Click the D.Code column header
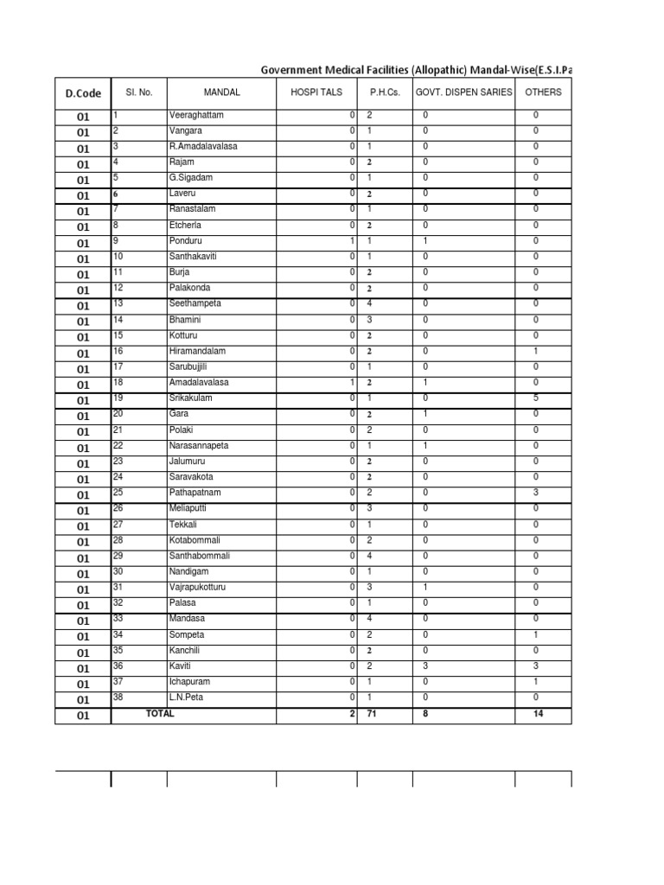pos(83,93)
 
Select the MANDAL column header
pos(222,92)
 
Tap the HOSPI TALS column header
pos(316,92)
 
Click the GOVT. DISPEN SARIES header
pos(463,92)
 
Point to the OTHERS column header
pos(543,92)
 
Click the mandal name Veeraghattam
pos(195,115)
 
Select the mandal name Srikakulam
pos(190,398)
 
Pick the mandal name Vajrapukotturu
pos(198,587)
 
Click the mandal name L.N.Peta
pos(185,697)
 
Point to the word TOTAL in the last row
pos(160,714)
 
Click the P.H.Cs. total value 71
pos(373,714)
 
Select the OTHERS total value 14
pos(536,714)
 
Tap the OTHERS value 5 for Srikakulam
pos(536,398)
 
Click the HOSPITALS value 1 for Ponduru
pos(352,241)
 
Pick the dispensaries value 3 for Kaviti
pos(425,665)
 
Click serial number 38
pos(118,697)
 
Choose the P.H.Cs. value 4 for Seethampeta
pos(369,303)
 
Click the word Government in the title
pos(298,69)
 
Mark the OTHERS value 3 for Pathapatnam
pos(536,493)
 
